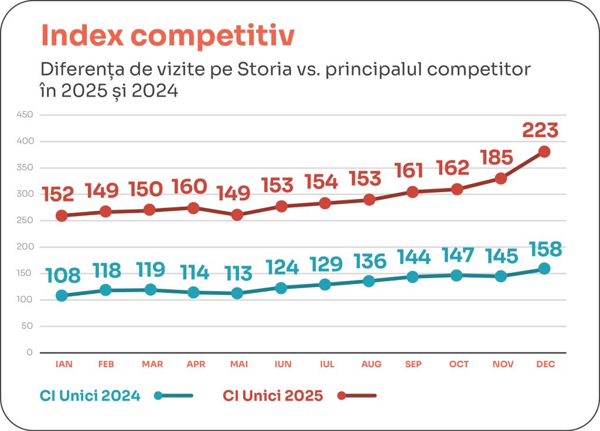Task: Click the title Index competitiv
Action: click(x=167, y=36)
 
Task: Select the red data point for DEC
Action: click(x=544, y=152)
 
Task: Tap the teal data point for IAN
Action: click(x=62, y=296)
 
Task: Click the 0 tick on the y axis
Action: click(x=29, y=353)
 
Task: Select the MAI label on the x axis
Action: click(x=238, y=364)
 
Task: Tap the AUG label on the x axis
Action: click(x=371, y=364)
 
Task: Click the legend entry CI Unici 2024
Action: click(x=90, y=396)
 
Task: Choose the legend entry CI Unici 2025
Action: click(x=273, y=396)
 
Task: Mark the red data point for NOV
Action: click(x=501, y=179)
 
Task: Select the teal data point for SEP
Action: click(x=412, y=276)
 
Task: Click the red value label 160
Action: click(x=189, y=187)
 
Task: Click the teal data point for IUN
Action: click(x=281, y=288)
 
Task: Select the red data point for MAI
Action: click(x=237, y=215)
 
